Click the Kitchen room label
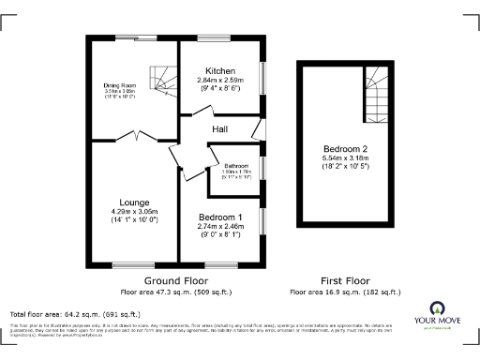tap(221, 71)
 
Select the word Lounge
tap(134, 202)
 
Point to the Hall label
tap(220, 128)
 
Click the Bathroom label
tap(235, 165)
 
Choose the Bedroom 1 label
tap(220, 217)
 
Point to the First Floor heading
tap(345, 280)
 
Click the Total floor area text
tap(74, 313)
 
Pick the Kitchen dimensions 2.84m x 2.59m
tap(221, 81)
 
